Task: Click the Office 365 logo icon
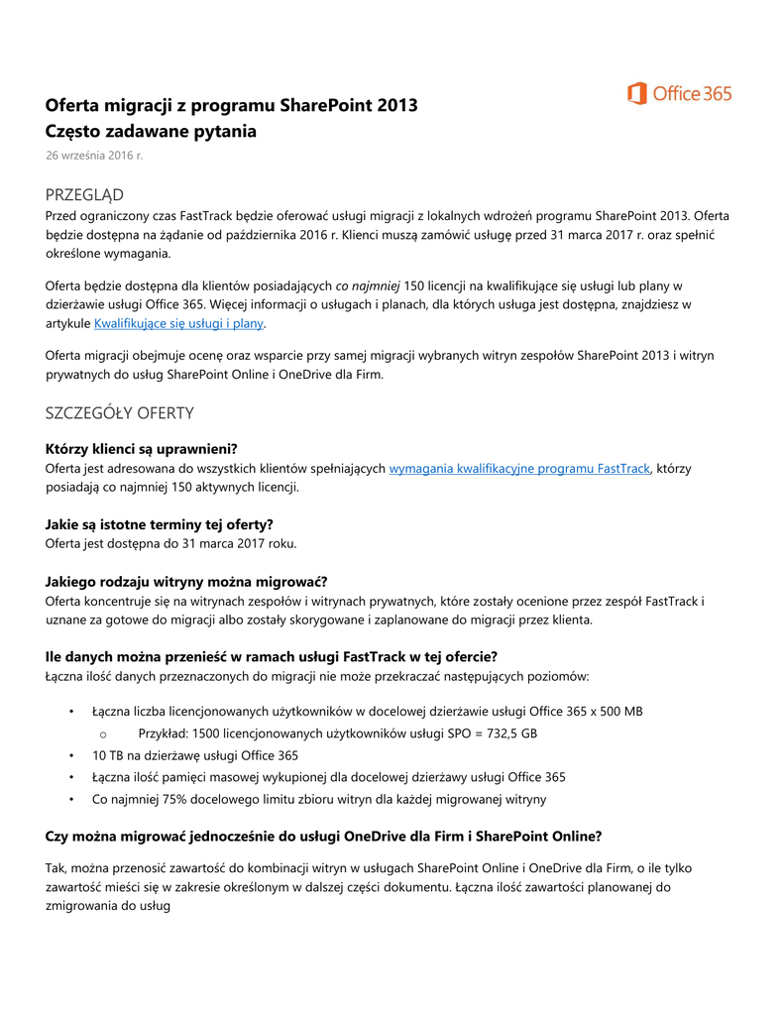pyautogui.click(x=636, y=93)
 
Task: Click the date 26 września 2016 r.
pyautogui.click(x=94, y=155)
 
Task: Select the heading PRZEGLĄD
pyautogui.click(x=84, y=194)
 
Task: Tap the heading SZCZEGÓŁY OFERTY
pyautogui.click(x=120, y=412)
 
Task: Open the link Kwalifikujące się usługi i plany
pyautogui.click(x=179, y=323)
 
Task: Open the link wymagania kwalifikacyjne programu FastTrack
pyautogui.click(x=519, y=468)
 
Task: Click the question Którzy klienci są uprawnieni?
pyautogui.click(x=142, y=448)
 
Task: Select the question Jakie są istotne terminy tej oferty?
pyautogui.click(x=160, y=523)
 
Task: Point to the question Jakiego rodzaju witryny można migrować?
pyautogui.click(x=186, y=581)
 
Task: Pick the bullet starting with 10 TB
pyautogui.click(x=195, y=755)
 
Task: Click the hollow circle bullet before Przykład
pyautogui.click(x=103, y=734)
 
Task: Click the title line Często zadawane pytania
pyautogui.click(x=151, y=131)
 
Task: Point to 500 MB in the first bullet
pyautogui.click(x=616, y=712)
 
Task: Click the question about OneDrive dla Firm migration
pyautogui.click(x=323, y=836)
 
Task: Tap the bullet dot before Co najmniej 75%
pyautogui.click(x=71, y=799)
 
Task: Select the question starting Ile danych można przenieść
pyautogui.click(x=271, y=656)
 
